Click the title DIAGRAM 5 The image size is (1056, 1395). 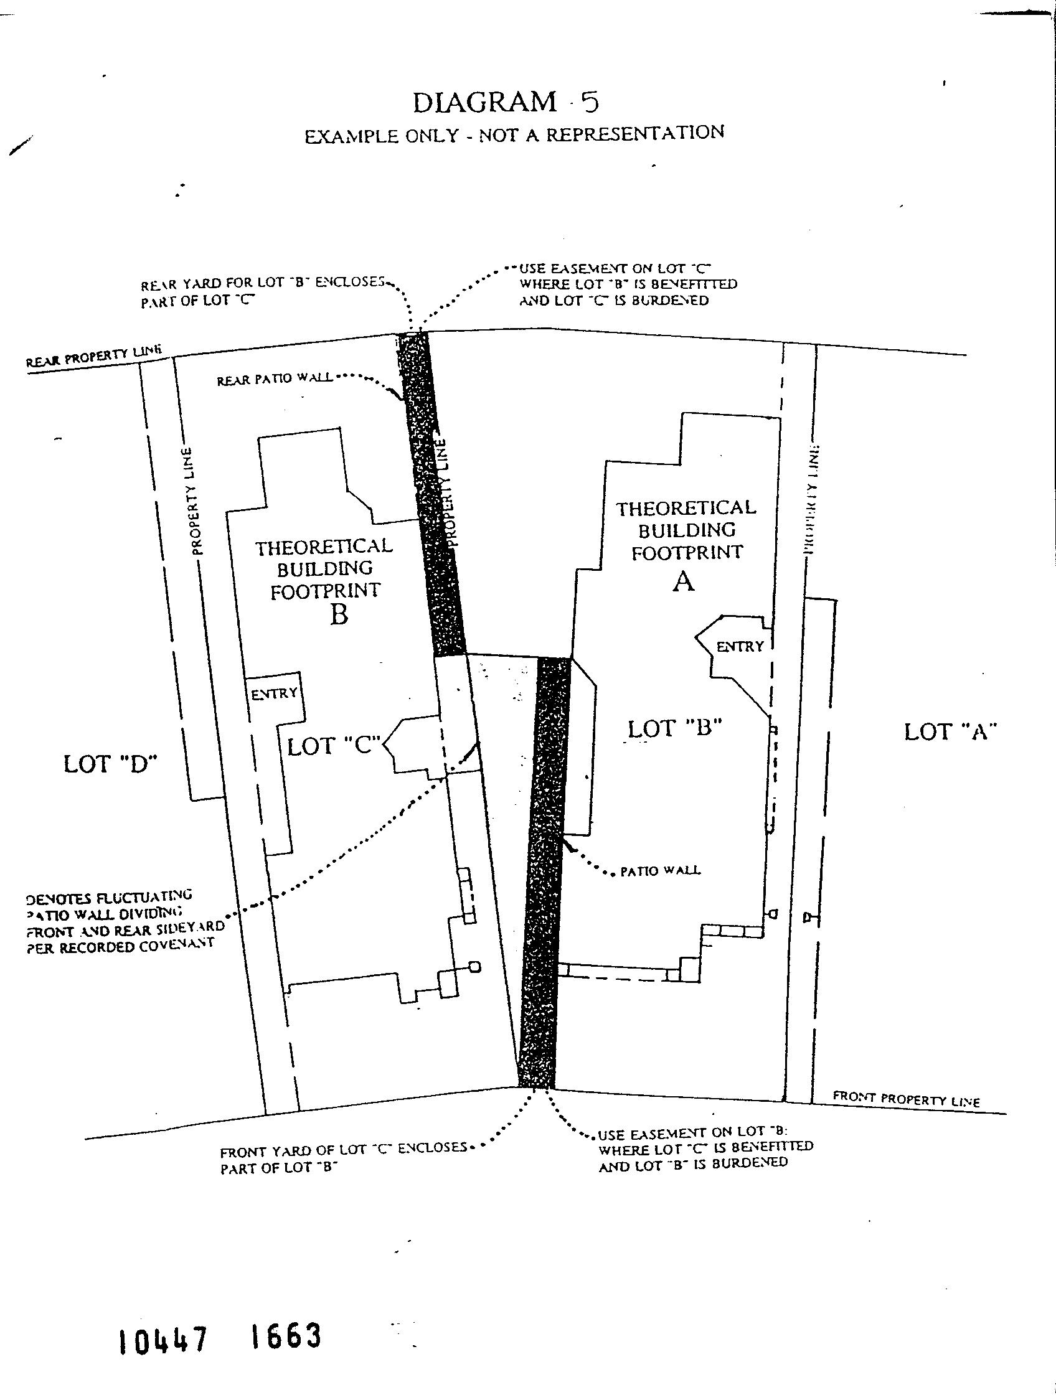[x=506, y=102]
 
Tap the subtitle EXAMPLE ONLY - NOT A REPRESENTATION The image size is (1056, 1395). [x=514, y=134]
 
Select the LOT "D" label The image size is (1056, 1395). [x=110, y=764]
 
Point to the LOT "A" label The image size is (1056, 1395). [x=950, y=731]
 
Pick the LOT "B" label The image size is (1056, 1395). [x=674, y=728]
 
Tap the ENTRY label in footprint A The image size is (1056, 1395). [x=740, y=646]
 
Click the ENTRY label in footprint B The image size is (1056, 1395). [x=275, y=693]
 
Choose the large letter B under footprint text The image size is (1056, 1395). [x=339, y=614]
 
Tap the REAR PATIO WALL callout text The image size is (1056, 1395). [x=275, y=380]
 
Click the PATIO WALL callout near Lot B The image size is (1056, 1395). [x=660, y=871]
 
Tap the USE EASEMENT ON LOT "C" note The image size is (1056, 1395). [x=628, y=284]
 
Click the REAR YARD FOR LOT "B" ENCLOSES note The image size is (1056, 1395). [x=262, y=291]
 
